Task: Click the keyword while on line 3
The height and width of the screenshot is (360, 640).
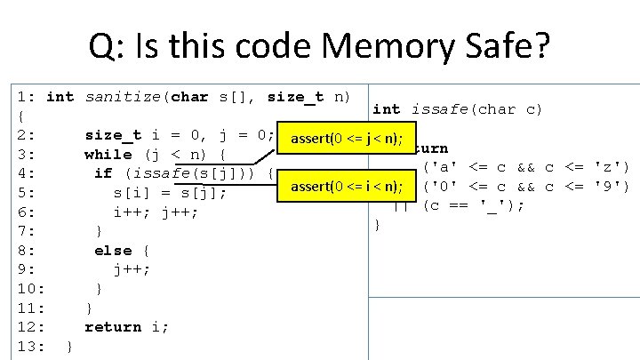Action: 108,154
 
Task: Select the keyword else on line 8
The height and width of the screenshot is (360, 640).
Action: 113,251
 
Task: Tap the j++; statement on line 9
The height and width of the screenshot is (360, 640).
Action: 132,270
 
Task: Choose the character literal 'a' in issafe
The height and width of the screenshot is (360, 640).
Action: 442,166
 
